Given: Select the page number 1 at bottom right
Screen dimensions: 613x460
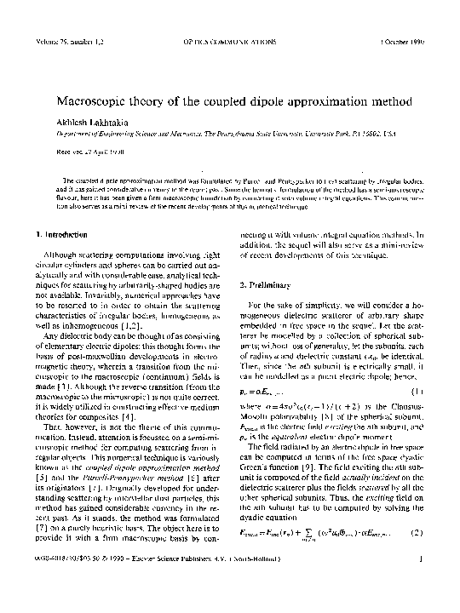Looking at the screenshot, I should tap(434, 584).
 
